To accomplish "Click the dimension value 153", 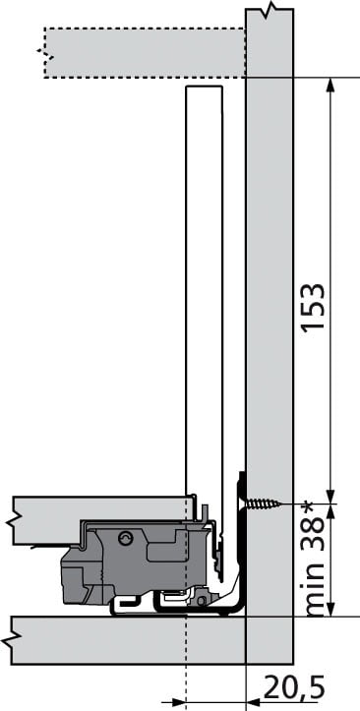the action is tap(314, 307).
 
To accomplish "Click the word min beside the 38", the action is tap(314, 588).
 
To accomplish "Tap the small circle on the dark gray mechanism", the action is tap(124, 539).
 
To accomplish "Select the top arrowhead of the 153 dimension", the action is tap(330, 85).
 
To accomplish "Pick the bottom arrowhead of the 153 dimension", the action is tap(330, 497).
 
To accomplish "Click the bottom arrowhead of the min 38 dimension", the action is tap(330, 610).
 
